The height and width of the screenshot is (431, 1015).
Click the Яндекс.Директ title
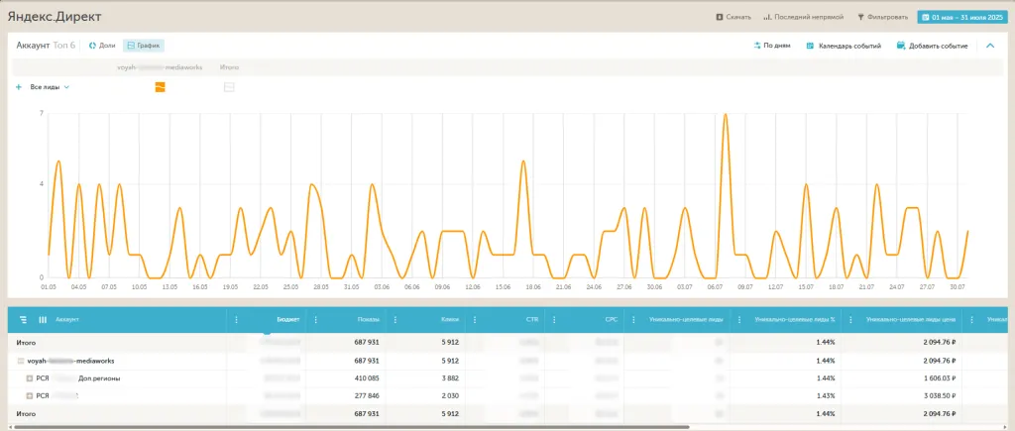54,17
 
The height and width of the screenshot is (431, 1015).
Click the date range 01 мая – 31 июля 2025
962,17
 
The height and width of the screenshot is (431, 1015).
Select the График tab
144,46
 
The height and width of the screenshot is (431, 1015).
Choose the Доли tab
102,46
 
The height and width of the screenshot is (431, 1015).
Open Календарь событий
844,46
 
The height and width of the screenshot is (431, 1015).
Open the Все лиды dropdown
50,87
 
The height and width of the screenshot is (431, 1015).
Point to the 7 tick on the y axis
42,114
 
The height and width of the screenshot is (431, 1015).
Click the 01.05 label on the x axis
48,286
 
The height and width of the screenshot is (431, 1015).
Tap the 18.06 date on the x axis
532,286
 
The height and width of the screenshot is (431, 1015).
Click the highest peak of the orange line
726,115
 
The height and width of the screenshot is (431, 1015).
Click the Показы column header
367,320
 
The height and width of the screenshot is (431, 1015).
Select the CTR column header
531,320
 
